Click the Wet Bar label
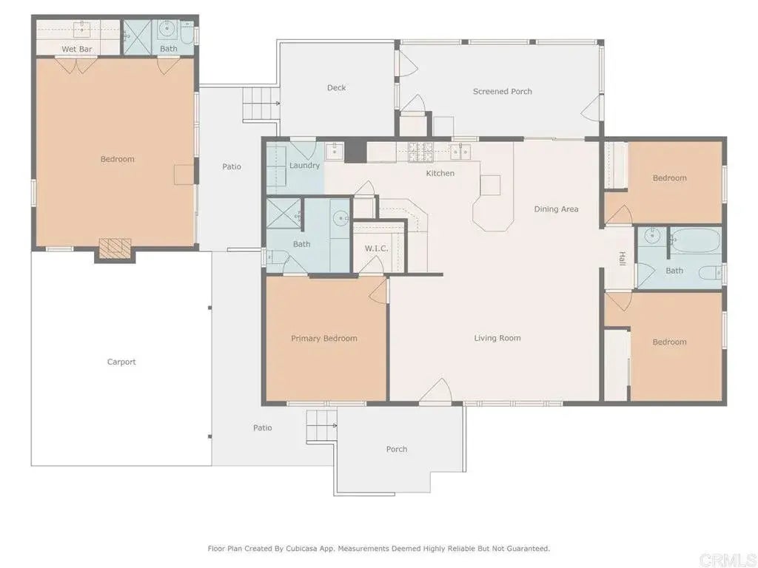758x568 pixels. tap(77, 49)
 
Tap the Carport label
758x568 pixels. tap(121, 362)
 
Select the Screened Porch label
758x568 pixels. tap(503, 91)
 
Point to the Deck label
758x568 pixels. tap(337, 87)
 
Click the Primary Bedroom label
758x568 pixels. tap(324, 339)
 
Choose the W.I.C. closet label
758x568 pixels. tap(376, 248)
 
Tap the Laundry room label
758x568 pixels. tap(304, 166)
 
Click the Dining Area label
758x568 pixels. tap(556, 209)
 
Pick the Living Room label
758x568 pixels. tap(497, 338)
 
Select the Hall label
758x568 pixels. tap(622, 258)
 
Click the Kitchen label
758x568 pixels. tap(440, 173)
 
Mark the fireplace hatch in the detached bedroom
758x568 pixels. tap(115, 248)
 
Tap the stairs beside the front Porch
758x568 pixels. tap(321, 425)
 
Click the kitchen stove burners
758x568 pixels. tap(420, 152)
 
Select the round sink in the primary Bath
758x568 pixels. tap(342, 218)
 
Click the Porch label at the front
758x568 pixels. tap(397, 449)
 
